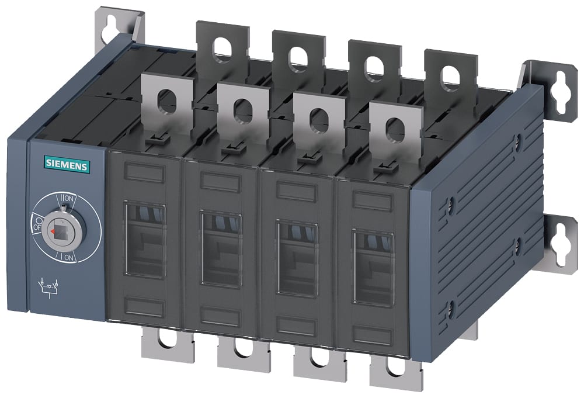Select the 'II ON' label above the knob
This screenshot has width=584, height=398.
tap(67, 198)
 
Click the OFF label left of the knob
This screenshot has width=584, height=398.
tap(37, 225)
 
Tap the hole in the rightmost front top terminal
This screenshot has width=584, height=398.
tap(395, 129)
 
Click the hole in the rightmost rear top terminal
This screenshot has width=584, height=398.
tap(450, 77)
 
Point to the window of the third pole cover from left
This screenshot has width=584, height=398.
tap(297, 258)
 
